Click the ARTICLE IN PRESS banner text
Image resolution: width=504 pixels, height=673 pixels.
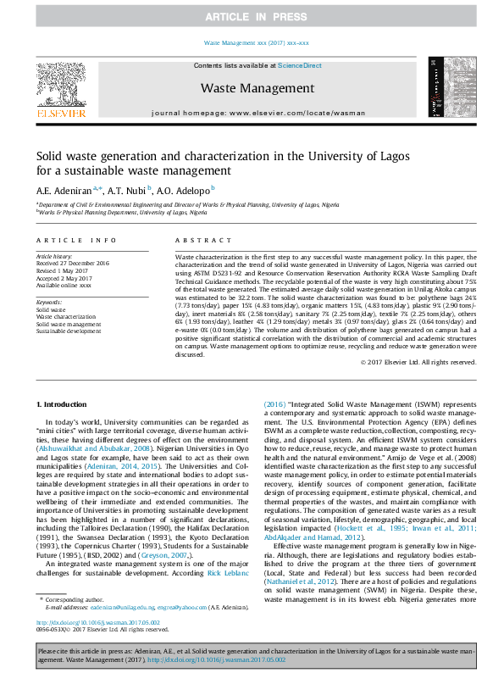pyautogui.click(x=252, y=16)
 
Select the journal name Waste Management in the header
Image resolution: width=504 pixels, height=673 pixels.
pyautogui.click(x=258, y=88)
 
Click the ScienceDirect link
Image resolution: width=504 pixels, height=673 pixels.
pyautogui.click(x=299, y=65)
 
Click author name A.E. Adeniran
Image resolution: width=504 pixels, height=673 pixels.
pyautogui.click(x=66, y=191)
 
